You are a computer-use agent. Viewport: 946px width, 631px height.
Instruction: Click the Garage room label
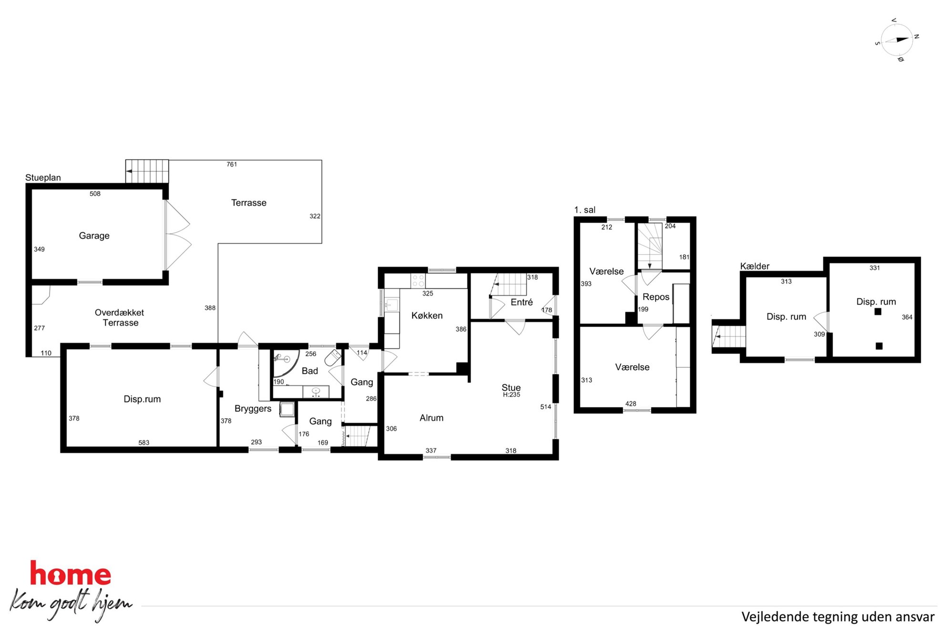point(94,236)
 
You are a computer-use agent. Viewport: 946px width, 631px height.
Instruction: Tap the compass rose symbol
point(897,40)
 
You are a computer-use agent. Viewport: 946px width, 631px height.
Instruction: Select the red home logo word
point(71,573)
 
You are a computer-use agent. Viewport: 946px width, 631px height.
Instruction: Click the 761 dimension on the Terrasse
point(232,165)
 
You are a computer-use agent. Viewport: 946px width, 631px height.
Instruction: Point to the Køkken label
point(427,316)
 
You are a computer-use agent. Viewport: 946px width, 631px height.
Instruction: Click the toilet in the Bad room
point(334,357)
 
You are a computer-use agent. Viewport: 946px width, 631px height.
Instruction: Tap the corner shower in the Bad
point(285,362)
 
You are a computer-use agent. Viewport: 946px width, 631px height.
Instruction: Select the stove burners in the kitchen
point(418,280)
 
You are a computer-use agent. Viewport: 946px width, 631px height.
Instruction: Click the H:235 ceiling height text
point(511,395)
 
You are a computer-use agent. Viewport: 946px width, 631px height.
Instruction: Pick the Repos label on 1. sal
point(656,297)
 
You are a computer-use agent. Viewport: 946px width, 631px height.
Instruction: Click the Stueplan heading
point(43,178)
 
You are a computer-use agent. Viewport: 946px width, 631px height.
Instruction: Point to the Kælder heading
point(754,266)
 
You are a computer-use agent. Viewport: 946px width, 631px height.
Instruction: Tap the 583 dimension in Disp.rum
point(144,443)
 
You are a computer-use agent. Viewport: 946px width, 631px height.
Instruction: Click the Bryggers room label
point(253,409)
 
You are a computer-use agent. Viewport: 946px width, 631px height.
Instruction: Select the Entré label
point(522,302)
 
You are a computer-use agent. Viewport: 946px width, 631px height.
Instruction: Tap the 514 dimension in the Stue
point(545,407)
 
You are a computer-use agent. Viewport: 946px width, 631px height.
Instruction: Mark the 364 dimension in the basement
point(907,318)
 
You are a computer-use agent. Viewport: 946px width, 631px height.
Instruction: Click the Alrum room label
point(432,418)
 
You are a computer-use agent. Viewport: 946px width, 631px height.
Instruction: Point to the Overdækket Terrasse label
point(120,318)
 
